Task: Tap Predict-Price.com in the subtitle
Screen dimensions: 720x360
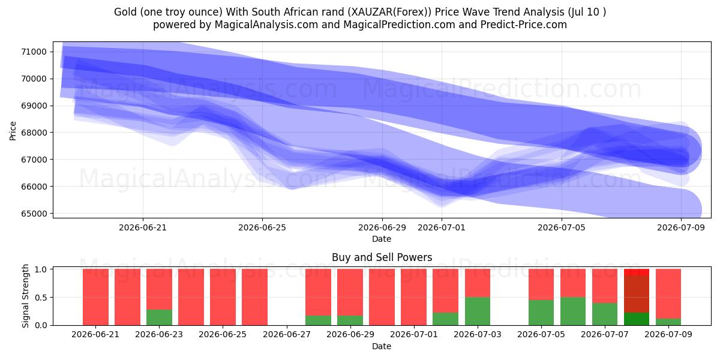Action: pyautogui.click(x=524, y=25)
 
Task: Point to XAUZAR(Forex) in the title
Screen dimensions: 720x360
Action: pyautogui.click(x=389, y=12)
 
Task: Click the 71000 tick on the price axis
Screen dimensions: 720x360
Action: pyautogui.click(x=34, y=52)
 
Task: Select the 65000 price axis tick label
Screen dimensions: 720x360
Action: pyautogui.click(x=34, y=214)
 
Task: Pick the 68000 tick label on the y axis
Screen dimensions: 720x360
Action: pyautogui.click(x=34, y=133)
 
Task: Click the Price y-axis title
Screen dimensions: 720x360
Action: pyautogui.click(x=13, y=131)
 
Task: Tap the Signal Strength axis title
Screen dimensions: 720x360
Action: pyautogui.click(x=25, y=296)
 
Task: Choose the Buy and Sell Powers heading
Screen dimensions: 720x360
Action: pyautogui.click(x=382, y=257)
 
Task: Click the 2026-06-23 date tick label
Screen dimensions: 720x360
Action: pyautogui.click(x=159, y=335)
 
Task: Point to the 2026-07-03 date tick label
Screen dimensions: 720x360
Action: pyautogui.click(x=478, y=335)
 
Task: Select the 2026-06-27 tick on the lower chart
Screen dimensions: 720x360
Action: pyautogui.click(x=287, y=335)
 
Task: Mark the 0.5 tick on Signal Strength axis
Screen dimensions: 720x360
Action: pyautogui.click(x=41, y=298)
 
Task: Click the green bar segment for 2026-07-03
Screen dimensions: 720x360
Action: pyautogui.click(x=478, y=311)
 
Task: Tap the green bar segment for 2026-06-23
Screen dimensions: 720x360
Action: pyautogui.click(x=159, y=317)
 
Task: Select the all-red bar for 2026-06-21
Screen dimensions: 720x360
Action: pyautogui.click(x=95, y=297)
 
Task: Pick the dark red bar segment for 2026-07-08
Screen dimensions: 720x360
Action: pyautogui.click(x=637, y=294)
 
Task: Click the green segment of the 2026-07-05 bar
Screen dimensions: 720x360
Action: pyautogui.click(x=541, y=313)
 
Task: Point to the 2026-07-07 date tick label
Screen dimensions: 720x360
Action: pyautogui.click(x=605, y=335)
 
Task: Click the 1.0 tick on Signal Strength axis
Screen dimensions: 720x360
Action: pyautogui.click(x=41, y=269)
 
